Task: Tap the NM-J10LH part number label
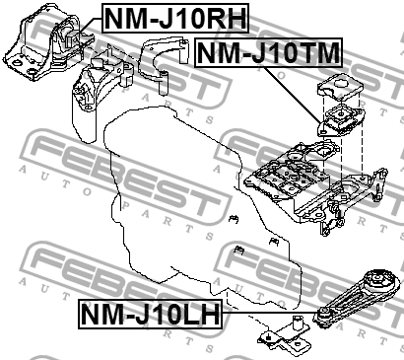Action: (x=148, y=315)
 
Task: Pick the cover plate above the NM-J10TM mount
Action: (x=340, y=86)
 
